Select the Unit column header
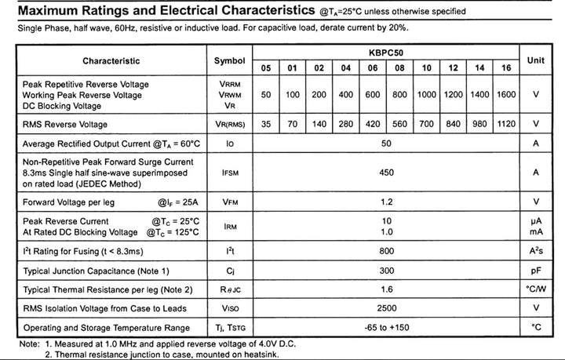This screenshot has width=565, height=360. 536,60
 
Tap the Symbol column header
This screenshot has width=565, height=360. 229,60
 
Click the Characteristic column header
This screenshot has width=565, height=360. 111,60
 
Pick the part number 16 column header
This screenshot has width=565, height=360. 506,68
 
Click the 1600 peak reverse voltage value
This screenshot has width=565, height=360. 506,95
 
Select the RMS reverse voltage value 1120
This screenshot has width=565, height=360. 506,124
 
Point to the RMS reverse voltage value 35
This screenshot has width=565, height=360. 266,124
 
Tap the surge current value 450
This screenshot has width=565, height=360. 385,172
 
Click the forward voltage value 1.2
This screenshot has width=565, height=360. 385,202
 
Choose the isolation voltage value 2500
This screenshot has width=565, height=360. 385,307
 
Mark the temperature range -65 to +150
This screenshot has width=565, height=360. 385,327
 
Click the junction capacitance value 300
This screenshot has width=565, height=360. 385,271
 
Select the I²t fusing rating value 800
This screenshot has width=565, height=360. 385,251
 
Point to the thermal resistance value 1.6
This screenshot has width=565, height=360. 385,289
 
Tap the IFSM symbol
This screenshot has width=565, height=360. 229,172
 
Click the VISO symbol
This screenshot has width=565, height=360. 229,307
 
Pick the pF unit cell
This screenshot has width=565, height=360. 536,271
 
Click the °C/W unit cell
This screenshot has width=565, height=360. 536,289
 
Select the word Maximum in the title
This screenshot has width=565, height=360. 48,11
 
